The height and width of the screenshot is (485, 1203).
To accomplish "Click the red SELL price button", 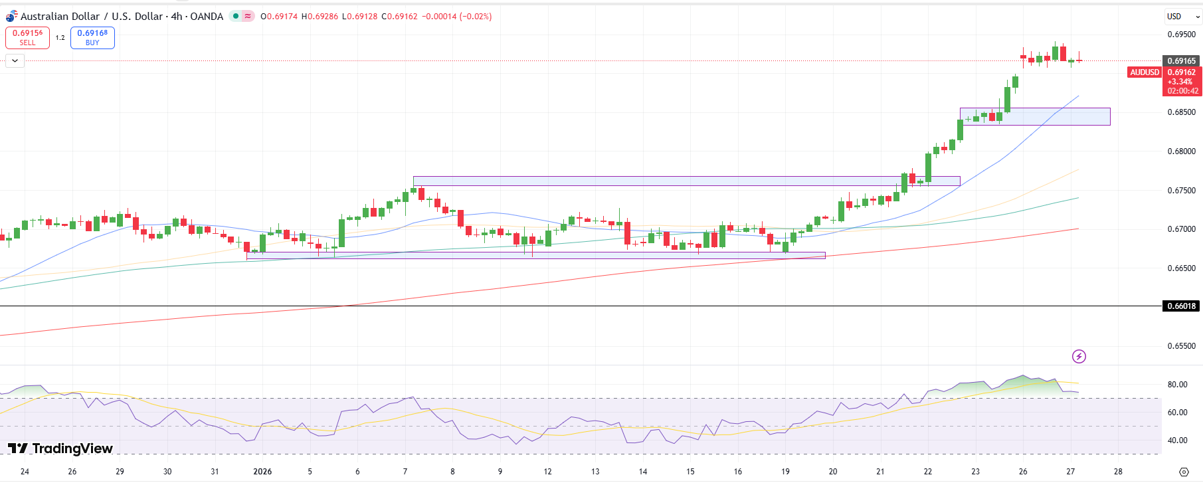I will pos(27,38).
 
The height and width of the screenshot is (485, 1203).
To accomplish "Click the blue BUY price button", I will pos(92,38).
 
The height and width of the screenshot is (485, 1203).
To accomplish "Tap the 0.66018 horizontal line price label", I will pos(1181,306).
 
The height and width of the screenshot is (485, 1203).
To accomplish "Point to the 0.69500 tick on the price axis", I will pos(1181,35).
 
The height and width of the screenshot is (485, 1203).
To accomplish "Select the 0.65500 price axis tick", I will pos(1181,346).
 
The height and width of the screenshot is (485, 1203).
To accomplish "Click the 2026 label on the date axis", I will pos(262,472).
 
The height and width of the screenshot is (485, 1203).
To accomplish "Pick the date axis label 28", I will pos(1118,472).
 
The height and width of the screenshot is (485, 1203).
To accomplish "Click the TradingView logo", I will pos(60,448).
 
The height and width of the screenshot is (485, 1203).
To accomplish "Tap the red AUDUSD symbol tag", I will pos(1145,72).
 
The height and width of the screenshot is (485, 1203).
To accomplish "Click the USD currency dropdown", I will pos(1182,17).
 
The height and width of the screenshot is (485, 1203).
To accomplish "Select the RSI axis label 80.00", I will pos(1177,385).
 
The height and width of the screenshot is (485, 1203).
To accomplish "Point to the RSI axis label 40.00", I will pos(1177,440).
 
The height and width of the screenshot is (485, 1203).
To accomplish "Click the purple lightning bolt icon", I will pos(1079,357).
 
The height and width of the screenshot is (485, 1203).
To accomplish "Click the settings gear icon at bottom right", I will pos(1184,472).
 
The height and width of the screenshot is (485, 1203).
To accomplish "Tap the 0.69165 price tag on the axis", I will pos(1181,60).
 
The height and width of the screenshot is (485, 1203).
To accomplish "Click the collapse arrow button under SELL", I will pos(15,60).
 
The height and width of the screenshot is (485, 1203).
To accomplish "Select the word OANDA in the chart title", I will pos(207,17).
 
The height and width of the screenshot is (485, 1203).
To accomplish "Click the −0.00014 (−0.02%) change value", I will pos(457,17).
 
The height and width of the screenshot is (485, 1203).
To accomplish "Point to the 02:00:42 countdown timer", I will pos(1183,91).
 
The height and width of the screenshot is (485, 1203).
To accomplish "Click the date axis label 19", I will pos(785,472).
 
